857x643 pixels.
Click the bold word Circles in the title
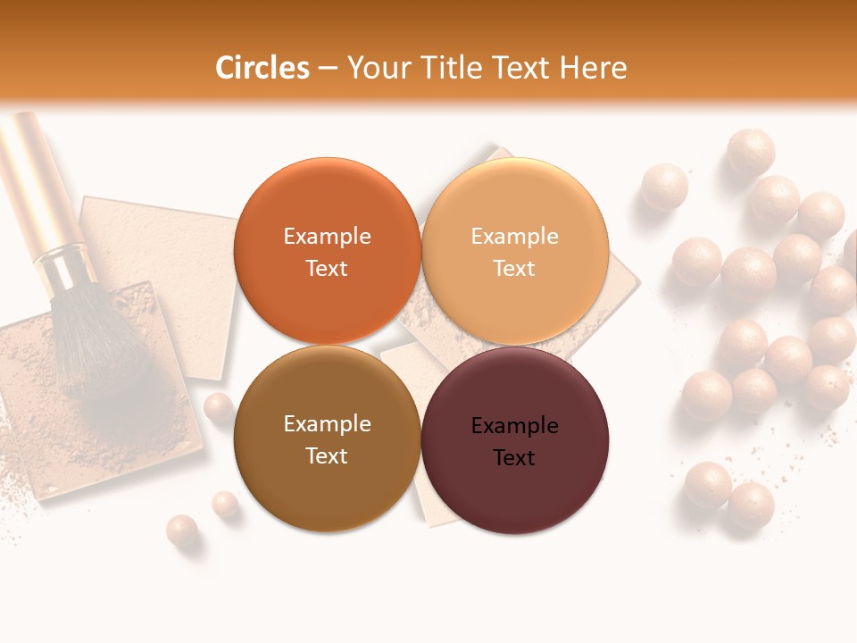(x=262, y=68)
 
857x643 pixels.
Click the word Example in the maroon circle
(x=514, y=426)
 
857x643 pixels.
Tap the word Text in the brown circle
(x=327, y=455)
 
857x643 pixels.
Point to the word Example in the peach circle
(x=514, y=237)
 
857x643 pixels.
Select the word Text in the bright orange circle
(x=327, y=269)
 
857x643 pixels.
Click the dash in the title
(x=328, y=69)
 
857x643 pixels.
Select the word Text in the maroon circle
(x=514, y=458)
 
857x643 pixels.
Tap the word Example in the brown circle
(x=327, y=424)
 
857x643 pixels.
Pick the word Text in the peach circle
(x=514, y=269)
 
